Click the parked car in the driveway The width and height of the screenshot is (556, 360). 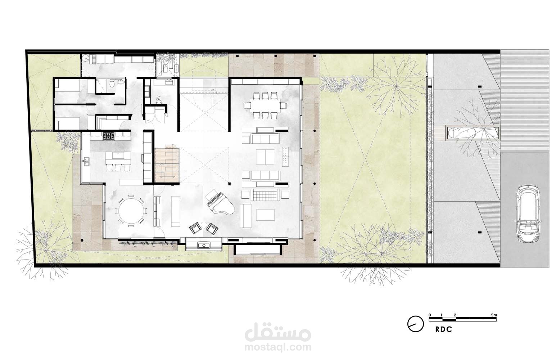click(528, 213)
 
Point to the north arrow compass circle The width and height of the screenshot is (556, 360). click(415, 324)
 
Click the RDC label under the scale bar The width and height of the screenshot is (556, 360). click(444, 329)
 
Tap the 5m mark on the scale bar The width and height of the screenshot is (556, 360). click(494, 315)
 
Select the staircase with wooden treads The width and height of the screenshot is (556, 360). click(167, 165)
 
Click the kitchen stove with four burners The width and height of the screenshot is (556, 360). click(109, 136)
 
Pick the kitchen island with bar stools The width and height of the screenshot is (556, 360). click(118, 161)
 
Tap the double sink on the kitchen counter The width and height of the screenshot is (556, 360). click(86, 161)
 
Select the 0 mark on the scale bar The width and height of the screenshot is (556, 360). click(430, 315)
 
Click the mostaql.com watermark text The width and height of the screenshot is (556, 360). click(278, 347)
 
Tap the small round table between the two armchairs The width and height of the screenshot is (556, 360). click(204, 225)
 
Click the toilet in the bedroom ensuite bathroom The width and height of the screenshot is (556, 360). click(112, 84)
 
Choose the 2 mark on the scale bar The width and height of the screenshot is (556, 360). click(455, 315)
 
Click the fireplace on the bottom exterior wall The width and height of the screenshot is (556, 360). click(204, 246)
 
